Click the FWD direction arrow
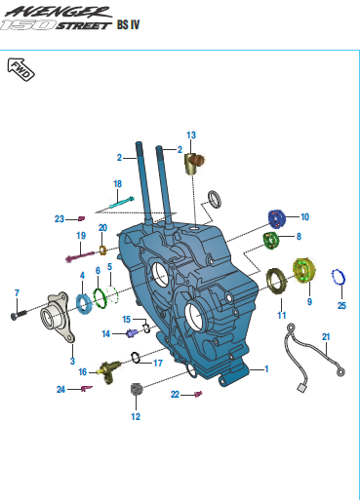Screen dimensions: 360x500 tap(20, 69)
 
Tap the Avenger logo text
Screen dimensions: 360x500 tap(59, 12)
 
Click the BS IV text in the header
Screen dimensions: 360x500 tap(128, 24)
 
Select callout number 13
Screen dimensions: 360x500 tap(191, 135)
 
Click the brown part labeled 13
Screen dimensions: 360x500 tap(194, 162)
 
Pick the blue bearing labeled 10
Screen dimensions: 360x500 tap(277, 218)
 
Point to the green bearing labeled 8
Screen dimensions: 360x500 tap(271, 241)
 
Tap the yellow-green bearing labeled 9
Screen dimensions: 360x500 tap(304, 270)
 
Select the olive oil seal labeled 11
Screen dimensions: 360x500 tap(276, 282)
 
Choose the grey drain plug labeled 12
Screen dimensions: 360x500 tap(137, 389)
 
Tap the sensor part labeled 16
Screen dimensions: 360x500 tap(110, 370)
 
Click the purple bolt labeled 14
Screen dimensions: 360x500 tap(132, 333)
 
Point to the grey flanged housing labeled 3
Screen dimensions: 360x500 tap(58, 317)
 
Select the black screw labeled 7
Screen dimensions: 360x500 tap(19, 315)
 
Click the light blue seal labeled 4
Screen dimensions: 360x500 tap(84, 304)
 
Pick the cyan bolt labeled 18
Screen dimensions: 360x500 tap(122, 203)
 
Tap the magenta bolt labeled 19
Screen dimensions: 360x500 tap(80, 256)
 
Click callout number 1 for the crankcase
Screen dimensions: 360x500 tap(266, 368)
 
